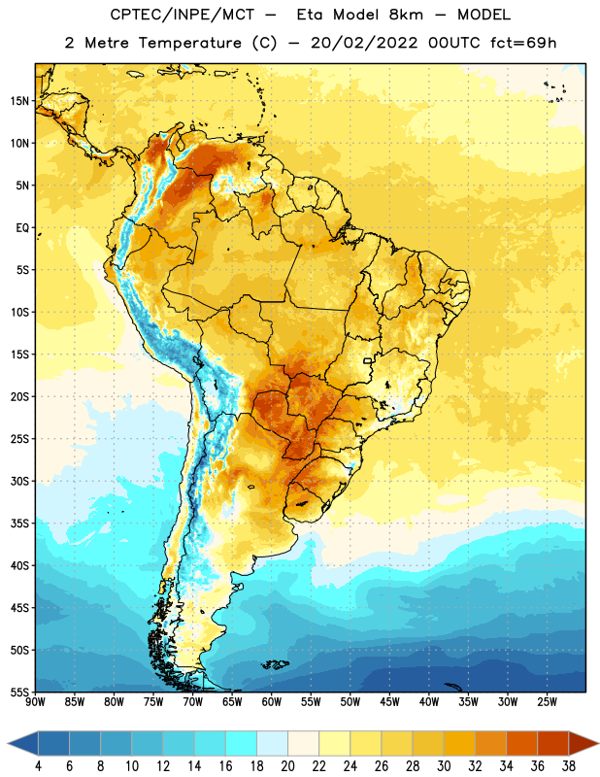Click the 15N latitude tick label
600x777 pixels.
click(x=19, y=101)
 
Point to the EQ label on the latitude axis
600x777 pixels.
click(x=22, y=228)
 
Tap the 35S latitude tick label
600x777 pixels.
click(x=19, y=524)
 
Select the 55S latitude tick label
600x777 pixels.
click(x=19, y=693)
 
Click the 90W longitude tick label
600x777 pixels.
click(x=35, y=701)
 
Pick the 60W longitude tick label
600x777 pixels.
click(x=272, y=701)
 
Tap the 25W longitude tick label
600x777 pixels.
click(x=547, y=701)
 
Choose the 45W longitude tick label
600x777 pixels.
click(x=389, y=701)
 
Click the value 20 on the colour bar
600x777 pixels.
click(x=287, y=766)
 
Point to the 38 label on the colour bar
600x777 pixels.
click(x=568, y=766)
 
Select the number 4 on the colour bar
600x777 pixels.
click(x=38, y=766)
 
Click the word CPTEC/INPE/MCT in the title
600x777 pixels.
click(x=183, y=15)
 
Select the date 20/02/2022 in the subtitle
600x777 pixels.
click(x=364, y=43)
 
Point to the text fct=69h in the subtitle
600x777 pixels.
click(x=523, y=43)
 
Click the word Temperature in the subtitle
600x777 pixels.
click(x=189, y=43)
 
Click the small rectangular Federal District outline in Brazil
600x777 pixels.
click(x=368, y=360)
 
